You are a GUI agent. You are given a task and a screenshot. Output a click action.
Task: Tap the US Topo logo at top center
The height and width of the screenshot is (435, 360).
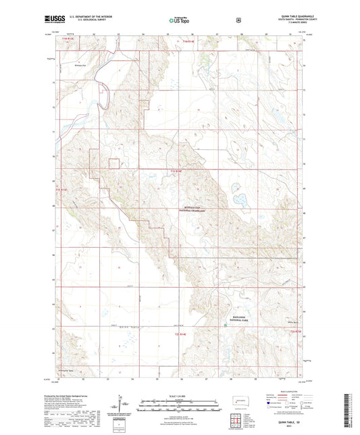[179, 21]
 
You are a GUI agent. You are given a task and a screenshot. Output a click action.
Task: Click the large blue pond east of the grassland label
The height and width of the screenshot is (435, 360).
[238, 200]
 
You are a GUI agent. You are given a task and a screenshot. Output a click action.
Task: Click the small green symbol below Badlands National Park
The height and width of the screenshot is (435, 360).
[226, 326]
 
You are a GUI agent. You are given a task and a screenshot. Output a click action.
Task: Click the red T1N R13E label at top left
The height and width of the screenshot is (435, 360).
[64, 42]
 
